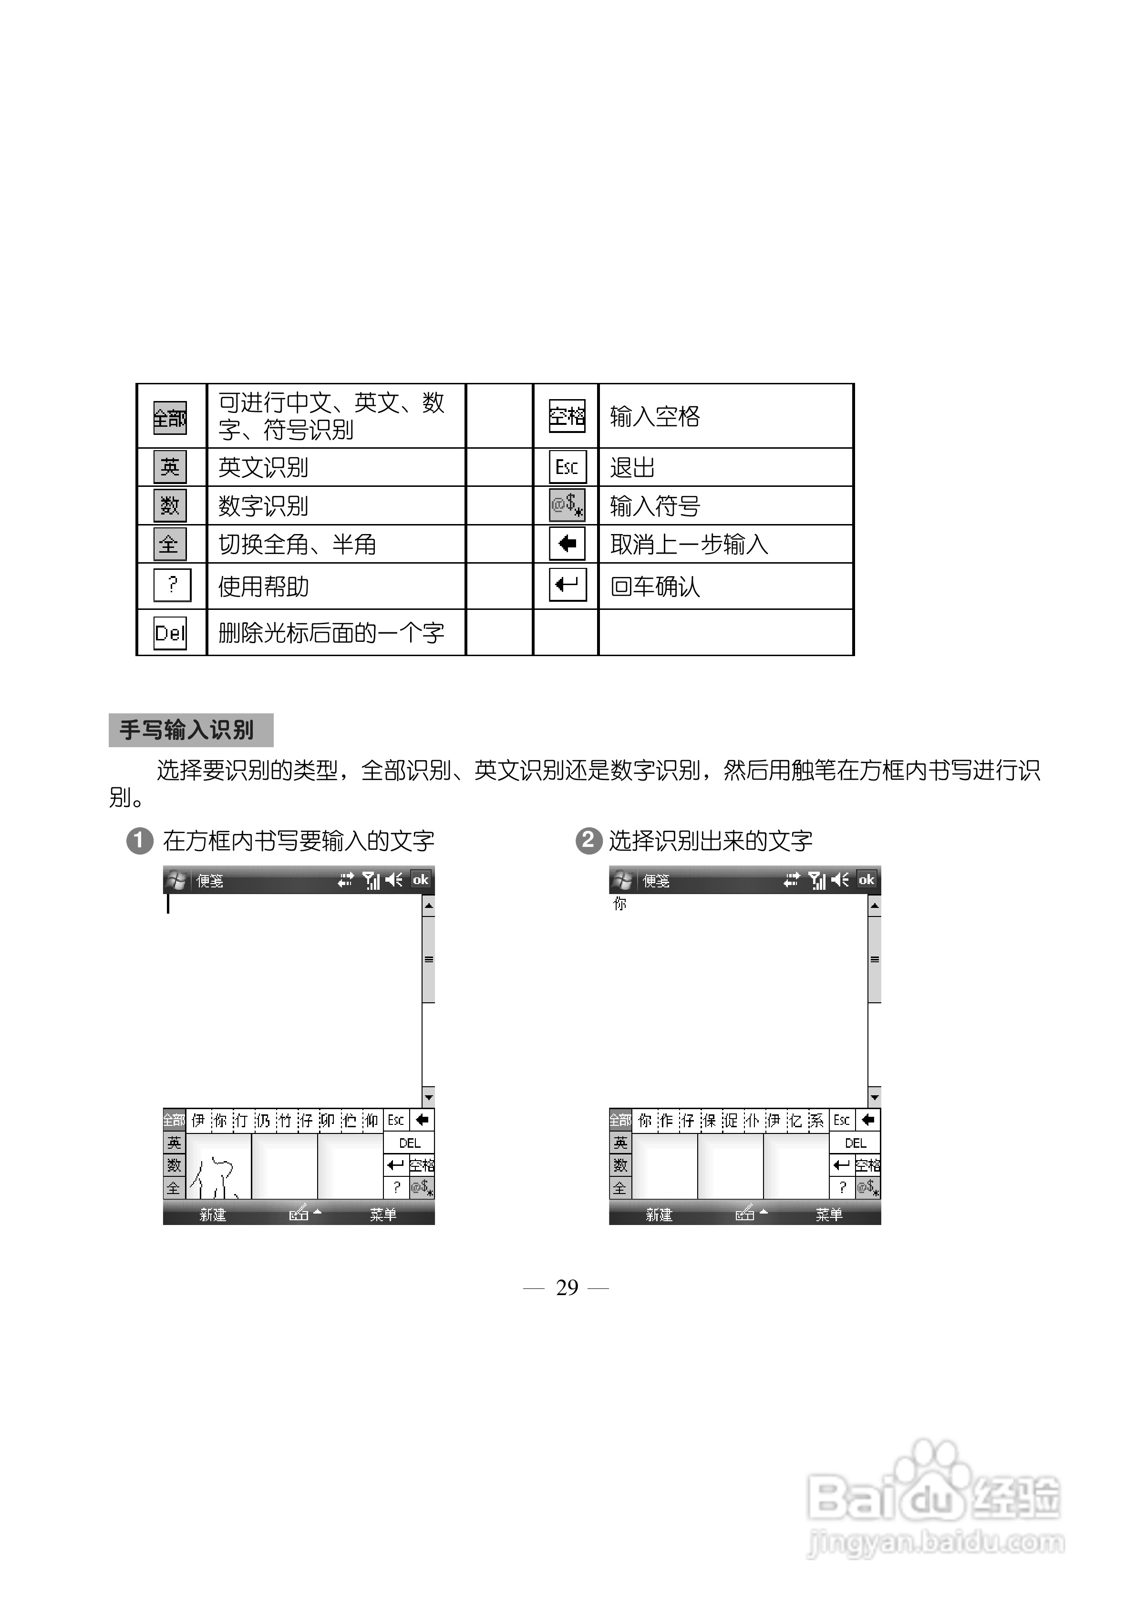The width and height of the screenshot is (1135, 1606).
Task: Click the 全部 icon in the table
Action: tap(170, 418)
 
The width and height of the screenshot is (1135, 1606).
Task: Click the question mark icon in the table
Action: tap(172, 585)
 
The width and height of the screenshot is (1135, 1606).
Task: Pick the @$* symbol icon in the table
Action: tap(567, 505)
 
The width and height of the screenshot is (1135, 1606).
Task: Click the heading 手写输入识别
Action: tap(187, 730)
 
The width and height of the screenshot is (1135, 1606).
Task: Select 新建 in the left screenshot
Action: tap(213, 1215)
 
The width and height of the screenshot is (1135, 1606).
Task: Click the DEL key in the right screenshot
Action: tap(855, 1143)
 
